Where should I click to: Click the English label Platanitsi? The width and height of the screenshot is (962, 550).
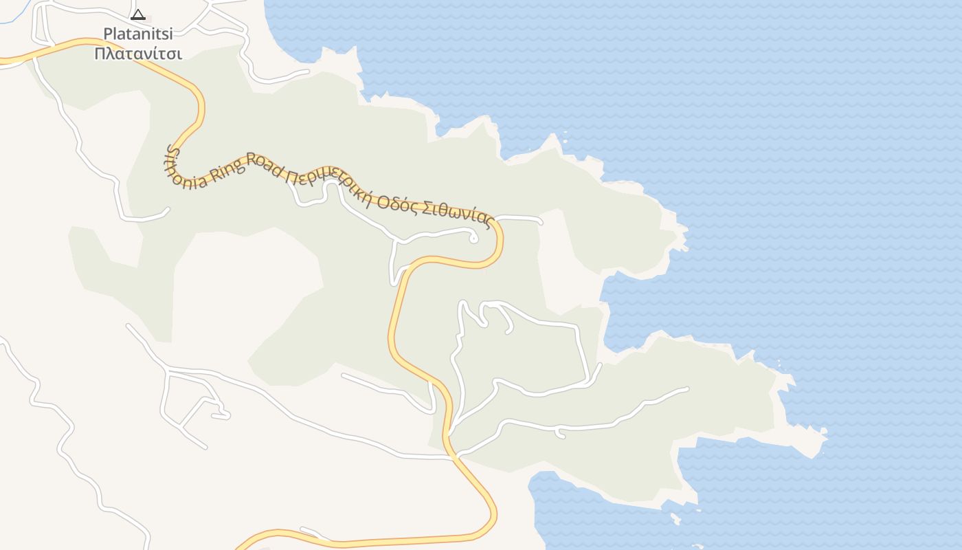pyautogui.click(x=138, y=33)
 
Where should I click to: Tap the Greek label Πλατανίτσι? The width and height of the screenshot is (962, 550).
pyautogui.click(x=138, y=54)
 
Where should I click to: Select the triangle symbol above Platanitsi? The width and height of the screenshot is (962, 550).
pyautogui.click(x=138, y=14)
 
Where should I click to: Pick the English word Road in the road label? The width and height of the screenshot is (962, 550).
pyautogui.click(x=265, y=165)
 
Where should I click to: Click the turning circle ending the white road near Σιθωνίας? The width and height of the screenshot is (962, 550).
pyautogui.click(x=473, y=239)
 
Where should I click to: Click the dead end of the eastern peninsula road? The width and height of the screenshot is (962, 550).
pyautogui.click(x=686, y=390)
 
